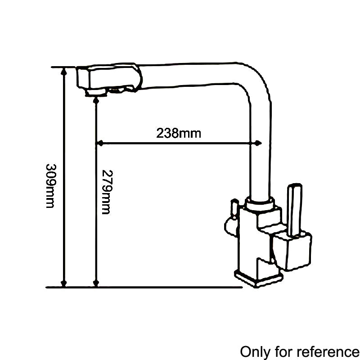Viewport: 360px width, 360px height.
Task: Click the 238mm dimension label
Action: click(x=179, y=133)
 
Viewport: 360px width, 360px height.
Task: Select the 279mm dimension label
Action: click(x=106, y=192)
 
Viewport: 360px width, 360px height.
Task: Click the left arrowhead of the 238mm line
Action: click(x=100, y=144)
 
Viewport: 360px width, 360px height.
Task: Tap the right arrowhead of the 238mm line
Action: click(x=258, y=144)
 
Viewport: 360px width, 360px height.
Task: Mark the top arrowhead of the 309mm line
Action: click(x=64, y=71)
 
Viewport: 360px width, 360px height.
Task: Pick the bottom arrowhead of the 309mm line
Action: click(x=64, y=283)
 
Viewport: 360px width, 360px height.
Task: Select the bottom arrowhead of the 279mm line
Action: click(x=95, y=283)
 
